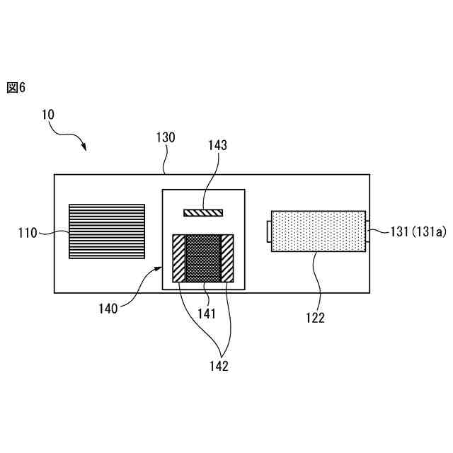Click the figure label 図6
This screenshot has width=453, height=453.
point(16,87)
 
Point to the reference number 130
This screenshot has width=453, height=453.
point(166,137)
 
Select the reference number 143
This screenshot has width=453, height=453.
point(217,145)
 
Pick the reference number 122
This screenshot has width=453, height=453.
point(316,318)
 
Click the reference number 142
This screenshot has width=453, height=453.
point(219,366)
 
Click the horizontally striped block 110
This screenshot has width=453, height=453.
point(107,231)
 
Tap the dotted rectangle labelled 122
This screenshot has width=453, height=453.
point(317,231)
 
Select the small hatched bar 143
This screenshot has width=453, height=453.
point(203,212)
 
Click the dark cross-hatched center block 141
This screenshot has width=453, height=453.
point(203,259)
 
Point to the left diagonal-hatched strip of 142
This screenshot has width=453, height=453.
point(178,259)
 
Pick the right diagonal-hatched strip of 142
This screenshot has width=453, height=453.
point(227,259)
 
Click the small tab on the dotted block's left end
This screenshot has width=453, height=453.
point(268,231)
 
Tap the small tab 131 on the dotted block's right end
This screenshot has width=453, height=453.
point(367,231)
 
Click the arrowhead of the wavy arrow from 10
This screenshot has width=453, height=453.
point(85,149)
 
